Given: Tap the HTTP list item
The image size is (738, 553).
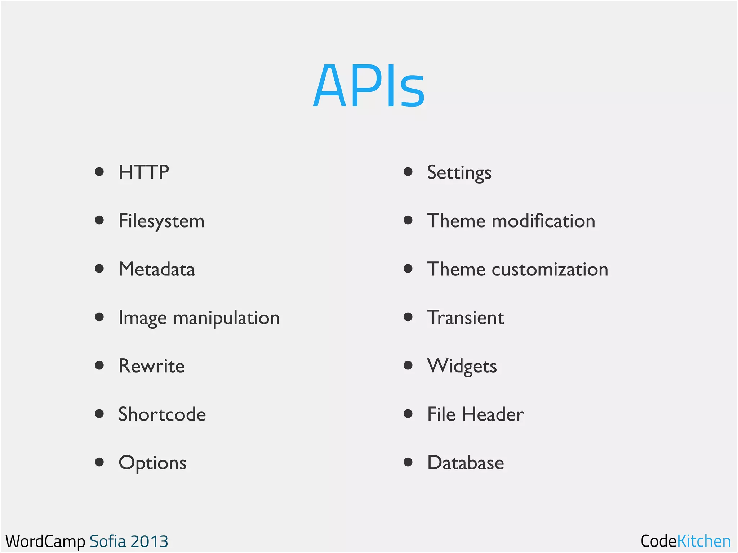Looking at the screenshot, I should (143, 172).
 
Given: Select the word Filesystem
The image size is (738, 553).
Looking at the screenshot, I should (161, 221).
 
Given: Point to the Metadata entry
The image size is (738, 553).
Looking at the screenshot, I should (157, 269).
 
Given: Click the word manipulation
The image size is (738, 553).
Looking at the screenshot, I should (226, 318).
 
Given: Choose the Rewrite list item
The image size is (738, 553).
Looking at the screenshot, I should (151, 366).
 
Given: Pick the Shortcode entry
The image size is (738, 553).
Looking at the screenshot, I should (162, 414).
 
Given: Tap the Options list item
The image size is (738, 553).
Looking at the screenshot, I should (152, 463).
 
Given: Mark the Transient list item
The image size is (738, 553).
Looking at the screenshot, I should (466, 318).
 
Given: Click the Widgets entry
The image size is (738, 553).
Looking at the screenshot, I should (462, 366).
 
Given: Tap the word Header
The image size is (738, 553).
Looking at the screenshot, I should (493, 414).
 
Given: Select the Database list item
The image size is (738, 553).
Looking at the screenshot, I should (466, 463).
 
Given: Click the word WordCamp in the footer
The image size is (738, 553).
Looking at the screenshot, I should (45, 541).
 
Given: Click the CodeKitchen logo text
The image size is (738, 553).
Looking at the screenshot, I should (685, 541).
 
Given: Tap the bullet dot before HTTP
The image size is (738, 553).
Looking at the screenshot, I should (99, 172).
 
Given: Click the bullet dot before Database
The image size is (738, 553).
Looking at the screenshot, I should (408, 462).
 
